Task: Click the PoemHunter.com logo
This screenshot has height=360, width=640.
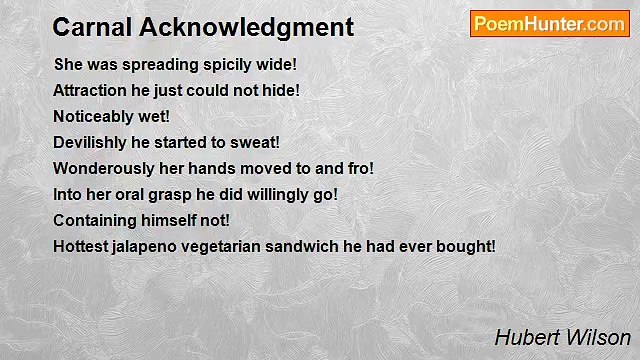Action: pos(549,24)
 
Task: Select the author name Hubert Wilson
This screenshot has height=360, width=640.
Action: pos(562,338)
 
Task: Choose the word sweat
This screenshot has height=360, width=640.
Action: pos(255,142)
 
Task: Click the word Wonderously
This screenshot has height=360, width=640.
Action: pos(103,168)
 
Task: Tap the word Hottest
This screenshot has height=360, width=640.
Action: pos(82,246)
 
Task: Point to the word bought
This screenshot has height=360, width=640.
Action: pos(466,246)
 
